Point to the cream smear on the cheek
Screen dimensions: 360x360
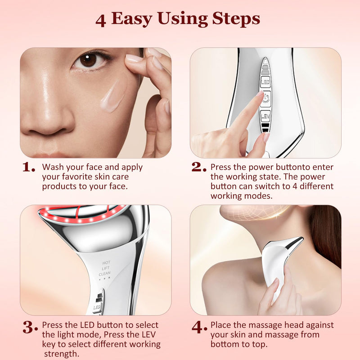(x=112, y=95)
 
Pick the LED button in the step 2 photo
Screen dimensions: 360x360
(x=265, y=82)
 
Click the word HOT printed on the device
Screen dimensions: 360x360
(x=106, y=262)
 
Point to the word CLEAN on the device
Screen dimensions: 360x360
(x=105, y=273)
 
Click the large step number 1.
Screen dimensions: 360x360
(x=29, y=168)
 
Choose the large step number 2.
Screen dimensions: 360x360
(x=198, y=167)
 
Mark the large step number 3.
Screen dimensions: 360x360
(x=30, y=327)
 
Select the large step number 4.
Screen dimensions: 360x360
(x=198, y=327)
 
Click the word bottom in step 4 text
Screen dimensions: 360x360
(x=224, y=344)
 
